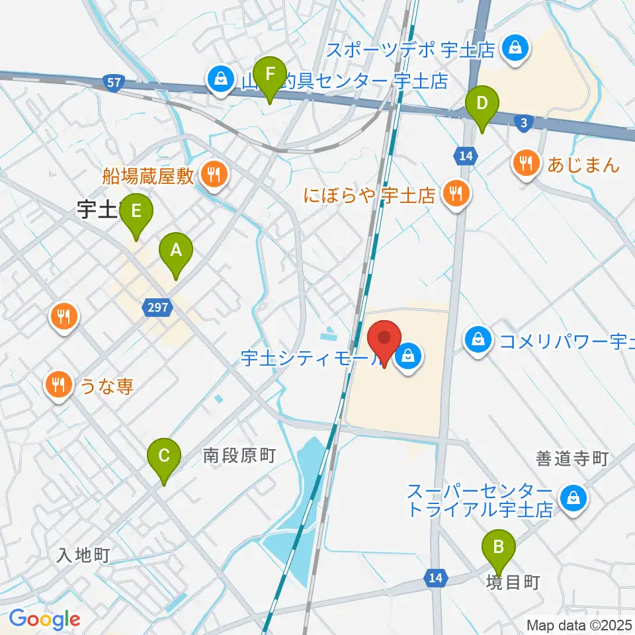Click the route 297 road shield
(x=156, y=306)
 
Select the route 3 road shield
(x=524, y=123)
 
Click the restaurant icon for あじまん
(x=527, y=163)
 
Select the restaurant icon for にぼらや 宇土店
(x=454, y=194)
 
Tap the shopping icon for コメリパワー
(x=478, y=341)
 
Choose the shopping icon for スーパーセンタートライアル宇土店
(x=573, y=500)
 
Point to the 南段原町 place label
(x=239, y=455)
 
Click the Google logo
(x=44, y=620)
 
